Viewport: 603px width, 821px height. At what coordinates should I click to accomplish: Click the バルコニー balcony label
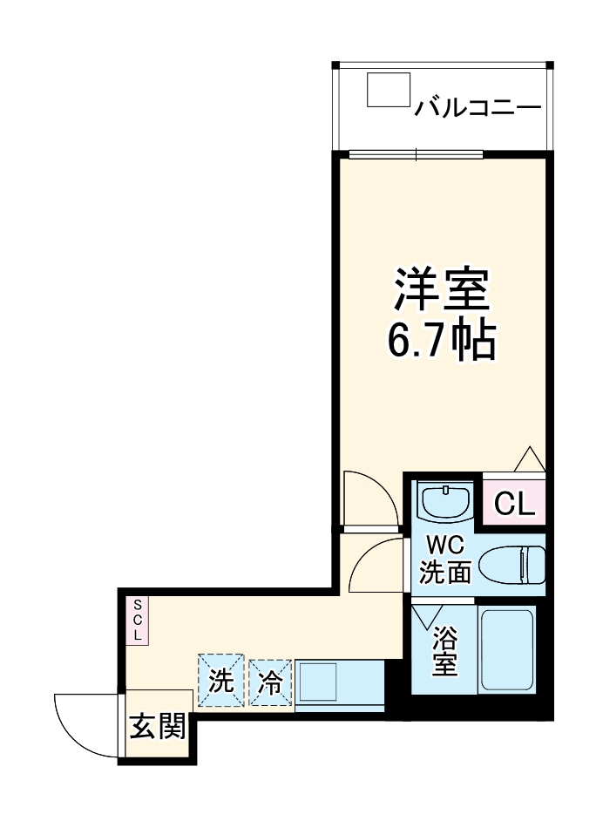(x=478, y=108)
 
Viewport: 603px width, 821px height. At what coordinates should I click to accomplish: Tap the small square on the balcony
(x=388, y=90)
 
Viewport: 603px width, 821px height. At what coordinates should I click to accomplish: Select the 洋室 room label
(x=441, y=289)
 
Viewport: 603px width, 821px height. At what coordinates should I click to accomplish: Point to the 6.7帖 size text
(x=441, y=341)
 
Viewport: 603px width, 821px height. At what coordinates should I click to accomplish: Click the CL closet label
(x=514, y=503)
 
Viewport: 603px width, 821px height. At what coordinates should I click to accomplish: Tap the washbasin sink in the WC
(x=444, y=501)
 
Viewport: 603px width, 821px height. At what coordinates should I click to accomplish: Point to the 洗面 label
(x=445, y=572)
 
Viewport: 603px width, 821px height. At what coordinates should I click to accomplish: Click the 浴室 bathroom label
(x=445, y=650)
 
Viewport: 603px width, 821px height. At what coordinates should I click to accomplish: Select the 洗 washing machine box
(x=221, y=679)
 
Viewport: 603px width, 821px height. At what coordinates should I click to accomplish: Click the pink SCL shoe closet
(x=137, y=620)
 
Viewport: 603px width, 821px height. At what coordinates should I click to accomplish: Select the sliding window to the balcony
(x=417, y=156)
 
